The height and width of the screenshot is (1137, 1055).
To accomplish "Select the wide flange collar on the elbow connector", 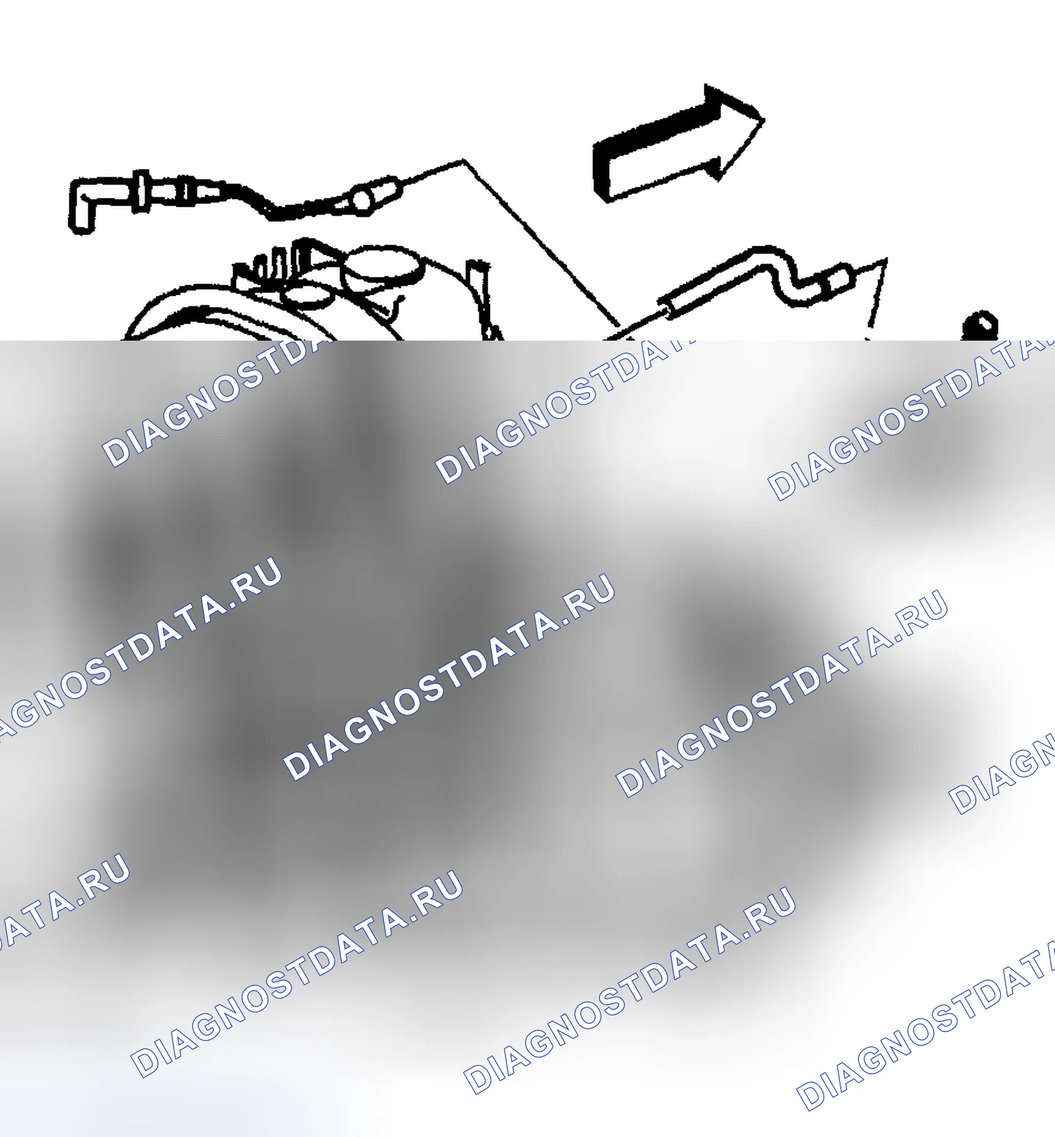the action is click(x=141, y=191).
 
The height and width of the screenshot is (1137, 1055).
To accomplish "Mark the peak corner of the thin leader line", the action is click(x=464, y=160).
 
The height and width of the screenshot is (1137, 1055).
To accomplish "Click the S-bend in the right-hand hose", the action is click(x=785, y=274).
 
